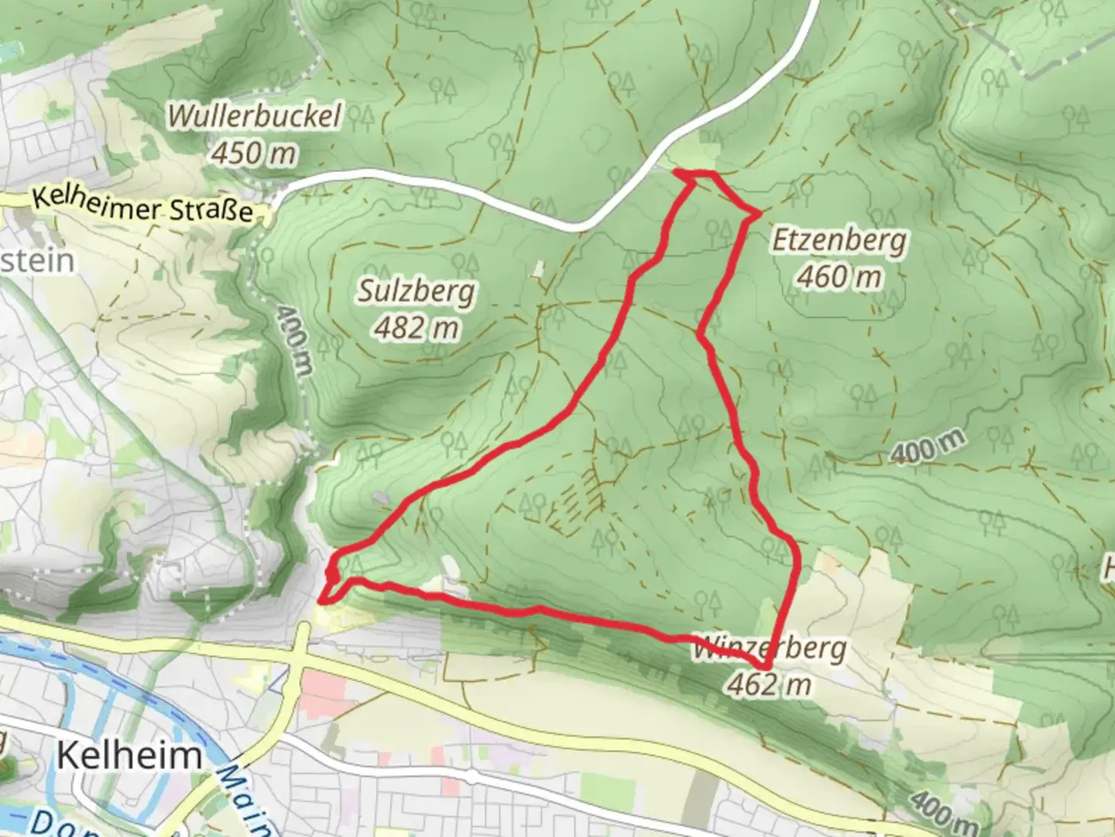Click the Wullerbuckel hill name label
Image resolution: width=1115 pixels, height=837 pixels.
[254, 116]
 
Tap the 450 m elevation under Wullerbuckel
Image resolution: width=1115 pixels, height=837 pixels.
[253, 153]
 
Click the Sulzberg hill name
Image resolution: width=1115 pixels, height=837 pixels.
[417, 292]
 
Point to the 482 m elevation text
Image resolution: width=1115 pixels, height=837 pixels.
[417, 329]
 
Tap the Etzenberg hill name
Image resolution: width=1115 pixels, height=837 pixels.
[839, 240]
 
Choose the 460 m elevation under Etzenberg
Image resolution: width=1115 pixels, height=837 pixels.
[839, 276]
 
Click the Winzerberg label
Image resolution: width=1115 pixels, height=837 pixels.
[768, 648]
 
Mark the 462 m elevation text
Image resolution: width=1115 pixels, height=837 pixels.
[769, 684]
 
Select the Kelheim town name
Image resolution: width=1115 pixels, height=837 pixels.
[129, 754]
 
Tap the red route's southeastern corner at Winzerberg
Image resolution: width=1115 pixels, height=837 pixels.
[765, 667]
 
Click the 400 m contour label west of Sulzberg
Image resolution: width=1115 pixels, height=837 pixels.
[293, 341]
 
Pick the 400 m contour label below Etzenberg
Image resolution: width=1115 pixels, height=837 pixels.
[928, 448]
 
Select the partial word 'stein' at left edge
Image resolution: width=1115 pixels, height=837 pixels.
[37, 260]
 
